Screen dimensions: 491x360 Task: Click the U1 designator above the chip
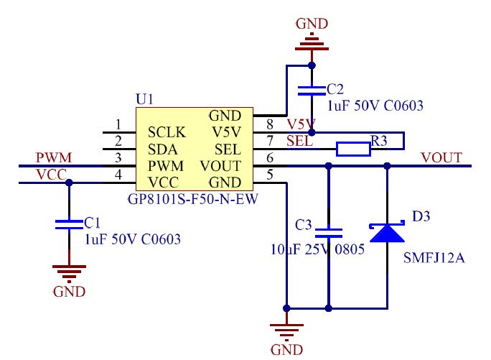coord(145,99)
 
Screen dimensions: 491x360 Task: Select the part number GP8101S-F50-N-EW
coord(193,199)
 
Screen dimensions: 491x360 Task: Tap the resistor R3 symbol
coord(353,149)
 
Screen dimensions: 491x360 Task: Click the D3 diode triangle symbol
coord(387,232)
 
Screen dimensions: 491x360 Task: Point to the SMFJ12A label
coord(434,258)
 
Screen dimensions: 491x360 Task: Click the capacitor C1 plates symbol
coord(69,224)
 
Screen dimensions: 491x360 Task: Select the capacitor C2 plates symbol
coord(312,91)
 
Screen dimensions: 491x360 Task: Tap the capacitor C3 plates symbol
coord(329,234)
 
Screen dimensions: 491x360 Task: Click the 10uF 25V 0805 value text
coord(317,249)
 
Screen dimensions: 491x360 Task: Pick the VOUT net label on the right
coord(441,157)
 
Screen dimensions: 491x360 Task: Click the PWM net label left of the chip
coord(54,157)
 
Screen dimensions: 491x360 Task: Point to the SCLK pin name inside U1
coord(167,132)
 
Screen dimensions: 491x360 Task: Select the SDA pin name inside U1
coord(162,149)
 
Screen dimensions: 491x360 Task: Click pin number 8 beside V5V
coord(270,124)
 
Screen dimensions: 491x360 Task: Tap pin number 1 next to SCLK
coord(118,124)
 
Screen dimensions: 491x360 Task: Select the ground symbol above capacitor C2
coord(312,42)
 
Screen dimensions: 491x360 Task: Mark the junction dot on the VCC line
coord(69,183)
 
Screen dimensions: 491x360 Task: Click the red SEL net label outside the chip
coord(299,142)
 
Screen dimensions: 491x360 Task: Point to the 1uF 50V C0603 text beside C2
coord(375,106)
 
